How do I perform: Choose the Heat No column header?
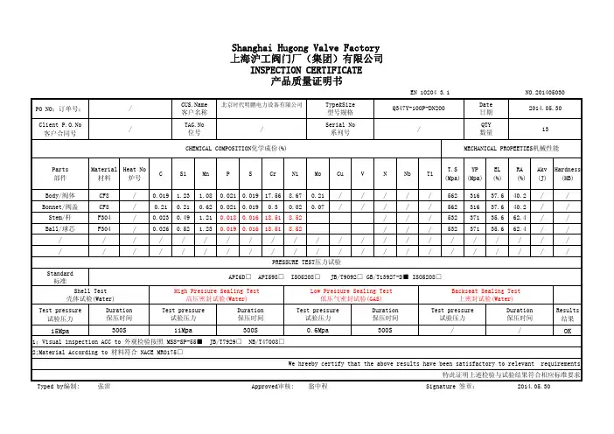tap(135, 171)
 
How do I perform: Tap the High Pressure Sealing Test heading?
tap(216, 291)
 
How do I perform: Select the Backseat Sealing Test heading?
tap(484, 291)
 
